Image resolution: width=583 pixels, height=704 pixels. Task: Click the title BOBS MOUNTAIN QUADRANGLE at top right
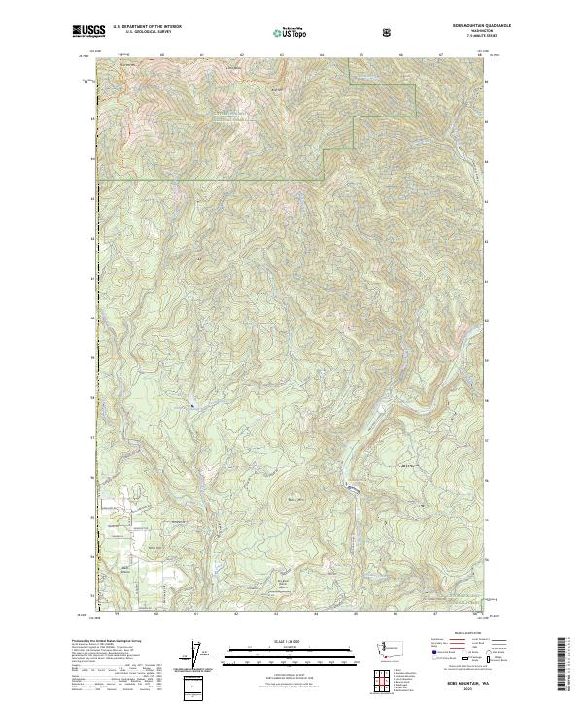(x=455, y=26)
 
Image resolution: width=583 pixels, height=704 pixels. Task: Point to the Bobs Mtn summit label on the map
(x=295, y=501)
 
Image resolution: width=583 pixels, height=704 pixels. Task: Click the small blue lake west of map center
(x=192, y=404)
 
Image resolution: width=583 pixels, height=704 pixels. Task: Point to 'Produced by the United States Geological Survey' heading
(x=103, y=643)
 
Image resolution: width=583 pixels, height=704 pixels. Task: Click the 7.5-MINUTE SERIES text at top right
(x=454, y=37)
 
